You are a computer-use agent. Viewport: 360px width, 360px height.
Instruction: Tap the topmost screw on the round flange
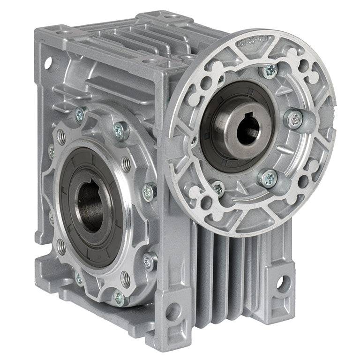pos(270,71)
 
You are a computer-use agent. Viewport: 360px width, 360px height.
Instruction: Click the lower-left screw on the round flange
pos(217,188)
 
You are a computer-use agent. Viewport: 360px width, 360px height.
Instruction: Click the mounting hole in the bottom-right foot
pos(280,283)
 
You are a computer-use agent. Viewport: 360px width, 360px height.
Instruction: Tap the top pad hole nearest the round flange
pos(152,61)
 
